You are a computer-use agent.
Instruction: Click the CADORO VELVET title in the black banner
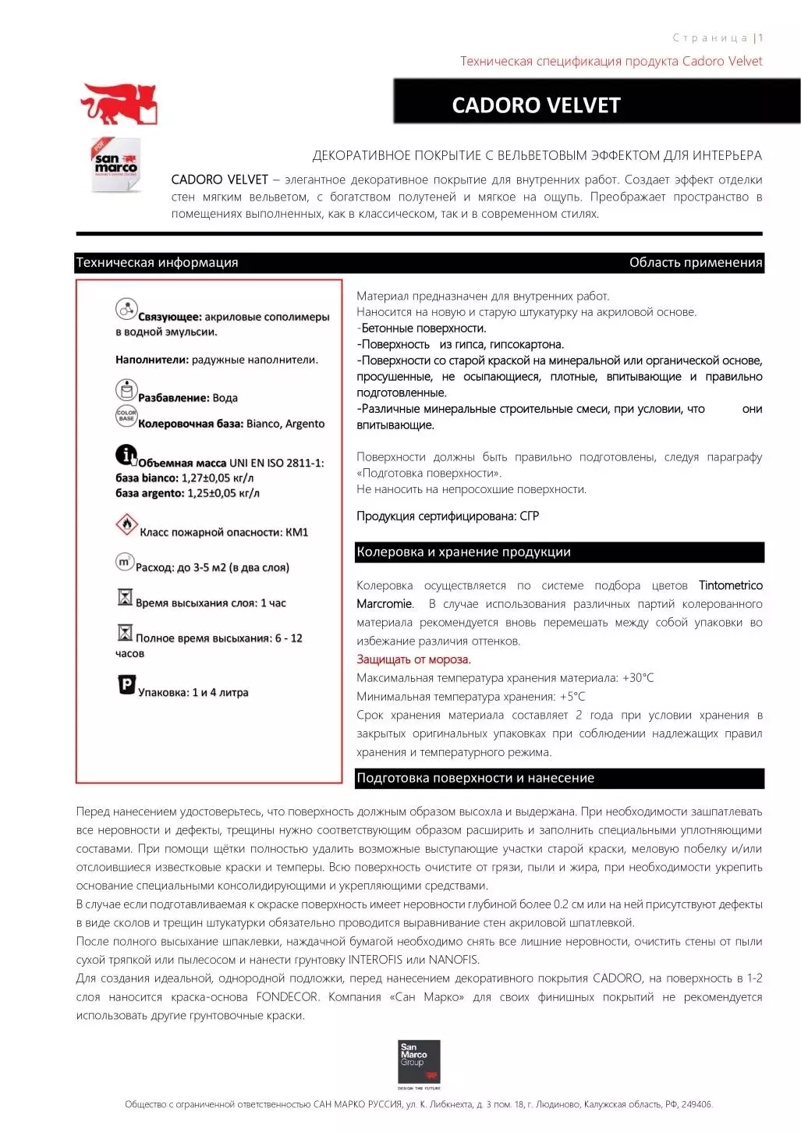(x=536, y=105)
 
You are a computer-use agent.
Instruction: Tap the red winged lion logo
(x=119, y=105)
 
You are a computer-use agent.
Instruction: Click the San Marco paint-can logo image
(x=116, y=165)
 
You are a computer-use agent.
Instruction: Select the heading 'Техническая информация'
(x=157, y=263)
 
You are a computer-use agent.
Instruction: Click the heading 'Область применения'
(x=695, y=263)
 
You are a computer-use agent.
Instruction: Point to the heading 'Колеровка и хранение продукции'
(x=463, y=552)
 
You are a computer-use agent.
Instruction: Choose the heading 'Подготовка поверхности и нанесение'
(x=475, y=778)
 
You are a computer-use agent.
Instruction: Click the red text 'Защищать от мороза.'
(x=413, y=659)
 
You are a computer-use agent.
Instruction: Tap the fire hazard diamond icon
(x=126, y=525)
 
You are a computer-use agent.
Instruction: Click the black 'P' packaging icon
(x=126, y=684)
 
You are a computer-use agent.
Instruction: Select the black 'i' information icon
(x=126, y=454)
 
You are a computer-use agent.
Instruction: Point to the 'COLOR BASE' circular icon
(x=126, y=415)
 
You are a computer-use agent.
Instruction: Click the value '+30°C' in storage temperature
(x=638, y=678)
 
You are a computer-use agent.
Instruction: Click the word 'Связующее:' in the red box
(x=169, y=318)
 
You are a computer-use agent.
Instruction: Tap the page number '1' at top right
(x=760, y=38)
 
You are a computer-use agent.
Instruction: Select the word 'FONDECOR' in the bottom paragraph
(x=287, y=997)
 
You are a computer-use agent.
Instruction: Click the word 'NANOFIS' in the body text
(x=453, y=960)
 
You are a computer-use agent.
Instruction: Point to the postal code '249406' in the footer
(x=696, y=1105)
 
